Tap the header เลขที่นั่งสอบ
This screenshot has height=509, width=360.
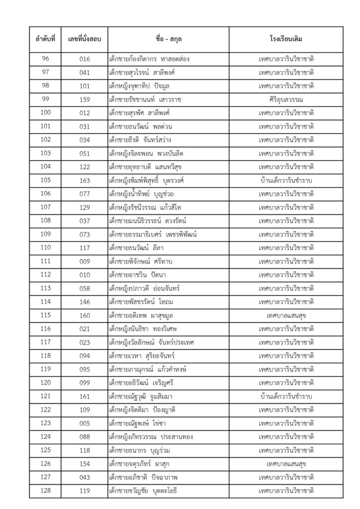click(x=85, y=39)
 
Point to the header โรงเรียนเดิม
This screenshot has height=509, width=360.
click(x=286, y=39)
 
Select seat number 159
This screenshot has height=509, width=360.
click(x=85, y=100)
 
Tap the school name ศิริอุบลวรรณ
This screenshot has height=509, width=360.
click(x=286, y=100)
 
